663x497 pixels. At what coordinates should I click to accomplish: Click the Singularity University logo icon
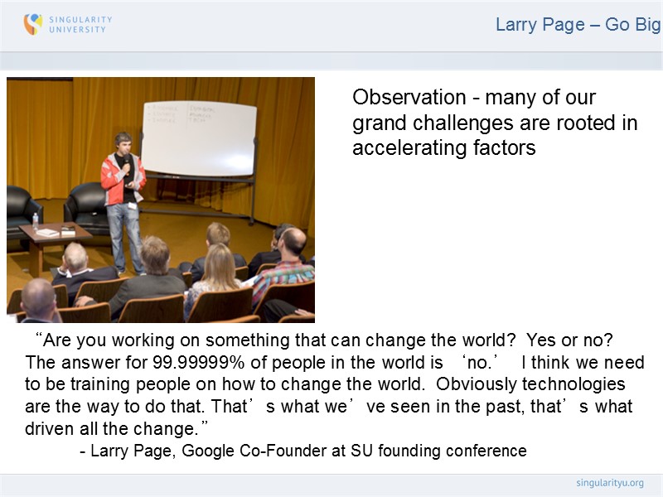33,24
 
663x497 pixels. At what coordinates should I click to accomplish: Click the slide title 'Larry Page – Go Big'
577,25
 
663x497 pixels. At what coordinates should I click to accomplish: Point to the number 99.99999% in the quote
194,363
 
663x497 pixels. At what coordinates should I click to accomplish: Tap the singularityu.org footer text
609,483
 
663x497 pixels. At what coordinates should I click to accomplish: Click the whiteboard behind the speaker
199,133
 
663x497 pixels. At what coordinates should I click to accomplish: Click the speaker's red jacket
113,178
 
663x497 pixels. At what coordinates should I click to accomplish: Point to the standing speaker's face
123,144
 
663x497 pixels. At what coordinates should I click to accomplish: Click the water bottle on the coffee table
35,221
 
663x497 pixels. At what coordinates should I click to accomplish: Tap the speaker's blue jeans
124,236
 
